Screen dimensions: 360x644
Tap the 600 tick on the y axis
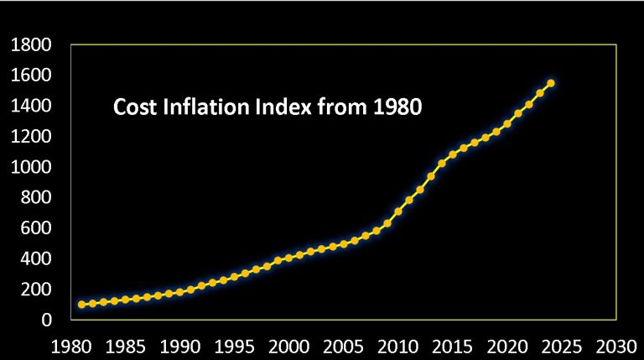pyautogui.click(x=38, y=228)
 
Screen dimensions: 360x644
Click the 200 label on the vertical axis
pyautogui.click(x=38, y=290)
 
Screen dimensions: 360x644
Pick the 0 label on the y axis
pyautogui.click(x=47, y=320)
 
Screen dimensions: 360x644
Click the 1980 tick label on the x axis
pyautogui.click(x=72, y=345)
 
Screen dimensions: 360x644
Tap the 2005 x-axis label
pyautogui.click(x=342, y=345)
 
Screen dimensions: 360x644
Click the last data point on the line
pyautogui.click(x=550, y=83)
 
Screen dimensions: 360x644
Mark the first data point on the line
pyautogui.click(x=82, y=305)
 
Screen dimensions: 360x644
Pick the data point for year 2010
pyautogui.click(x=397, y=211)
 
